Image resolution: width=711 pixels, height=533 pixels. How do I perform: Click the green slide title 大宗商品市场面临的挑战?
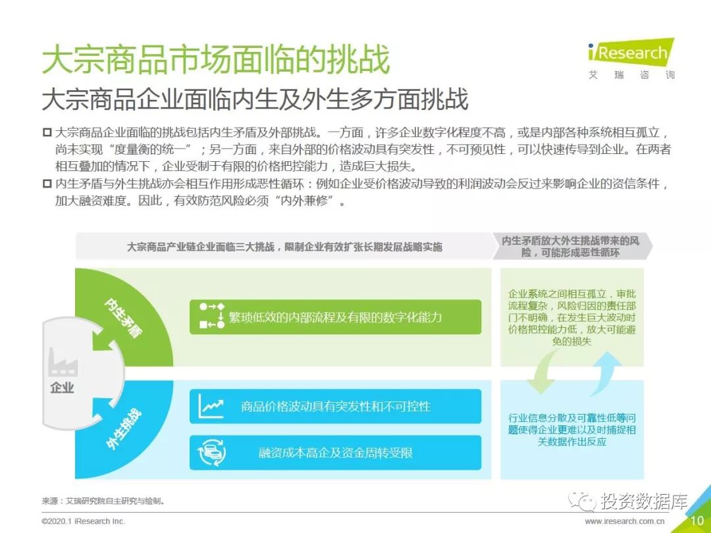216,59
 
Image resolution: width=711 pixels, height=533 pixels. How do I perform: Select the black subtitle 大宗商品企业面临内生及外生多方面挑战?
255,100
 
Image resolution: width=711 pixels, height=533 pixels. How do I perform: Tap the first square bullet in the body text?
47,132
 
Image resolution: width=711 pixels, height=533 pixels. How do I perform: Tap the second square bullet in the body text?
47,184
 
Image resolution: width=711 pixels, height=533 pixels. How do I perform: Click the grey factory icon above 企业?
63,362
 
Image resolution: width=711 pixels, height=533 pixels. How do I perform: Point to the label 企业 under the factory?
62,388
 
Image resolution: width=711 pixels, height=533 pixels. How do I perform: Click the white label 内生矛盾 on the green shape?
122,318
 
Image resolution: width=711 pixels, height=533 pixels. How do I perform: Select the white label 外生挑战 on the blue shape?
123,429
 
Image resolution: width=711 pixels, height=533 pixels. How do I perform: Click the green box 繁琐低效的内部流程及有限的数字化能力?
335,317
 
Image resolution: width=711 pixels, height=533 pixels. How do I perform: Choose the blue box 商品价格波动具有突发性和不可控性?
335,406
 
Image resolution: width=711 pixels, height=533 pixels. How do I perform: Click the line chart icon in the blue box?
211,406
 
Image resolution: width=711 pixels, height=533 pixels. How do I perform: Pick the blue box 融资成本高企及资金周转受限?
335,452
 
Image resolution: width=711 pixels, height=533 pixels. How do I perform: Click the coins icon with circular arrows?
212,452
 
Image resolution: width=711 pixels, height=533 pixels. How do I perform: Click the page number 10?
697,520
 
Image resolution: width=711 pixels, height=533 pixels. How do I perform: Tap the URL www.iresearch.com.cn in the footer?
625,521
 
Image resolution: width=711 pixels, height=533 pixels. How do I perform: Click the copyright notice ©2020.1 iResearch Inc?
83,521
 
